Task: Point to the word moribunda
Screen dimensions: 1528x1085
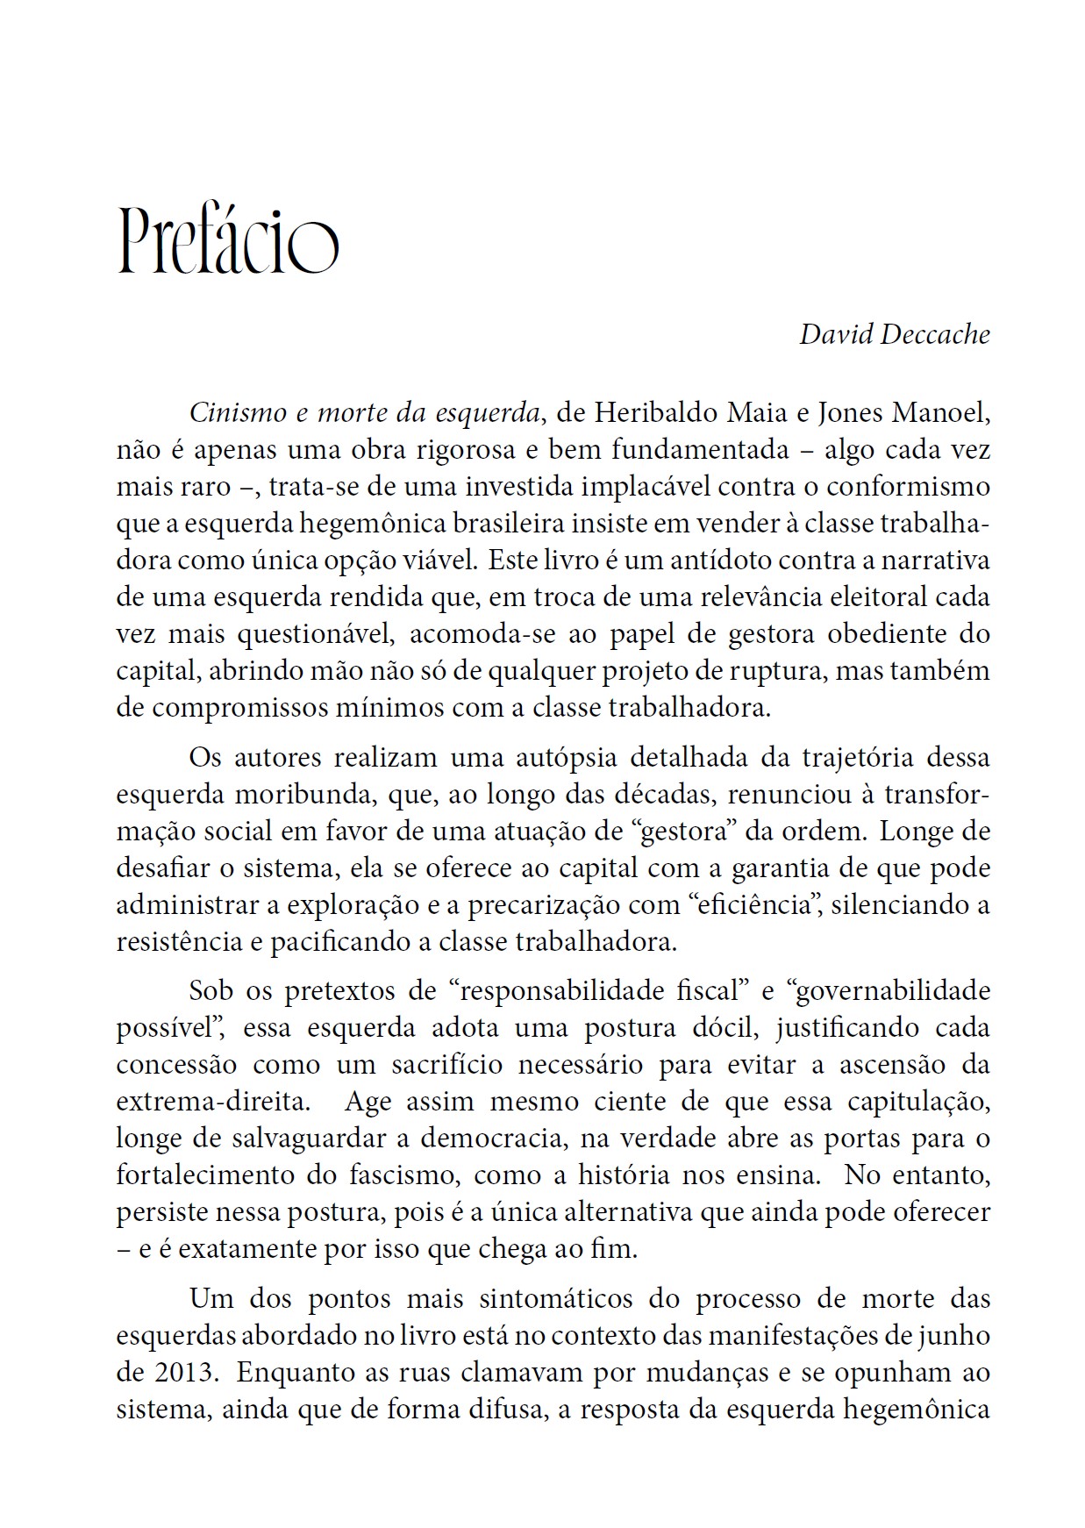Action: (292, 794)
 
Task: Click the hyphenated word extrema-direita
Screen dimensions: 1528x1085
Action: (212, 1102)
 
